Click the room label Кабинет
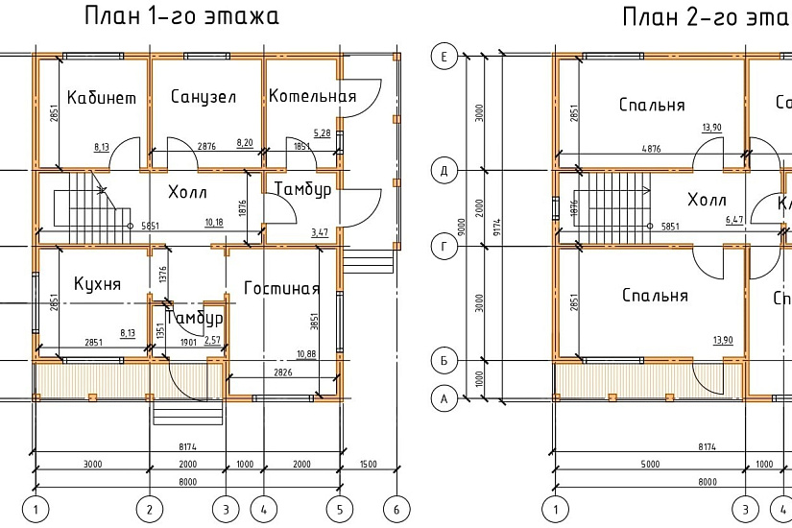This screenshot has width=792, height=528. click(102, 98)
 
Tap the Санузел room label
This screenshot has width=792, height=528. click(204, 97)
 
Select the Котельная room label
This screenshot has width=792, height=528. click(312, 96)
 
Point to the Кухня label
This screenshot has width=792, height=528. click(97, 284)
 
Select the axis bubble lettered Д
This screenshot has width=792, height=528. click(444, 171)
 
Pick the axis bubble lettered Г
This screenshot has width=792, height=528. click(444, 247)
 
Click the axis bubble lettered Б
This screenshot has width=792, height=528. click(444, 361)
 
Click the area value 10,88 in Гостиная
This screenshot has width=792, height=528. click(307, 354)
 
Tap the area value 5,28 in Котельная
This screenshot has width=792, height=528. click(322, 132)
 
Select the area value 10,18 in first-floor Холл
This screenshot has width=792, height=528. click(214, 223)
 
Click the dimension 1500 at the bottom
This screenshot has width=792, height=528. click(369, 465)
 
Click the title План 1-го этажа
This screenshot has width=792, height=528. click(182, 17)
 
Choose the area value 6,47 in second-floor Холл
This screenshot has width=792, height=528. click(734, 220)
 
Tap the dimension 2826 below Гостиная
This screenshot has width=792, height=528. click(282, 372)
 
